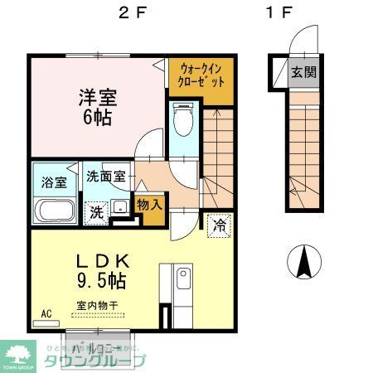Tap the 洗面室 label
point(109,177)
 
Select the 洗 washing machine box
point(97,211)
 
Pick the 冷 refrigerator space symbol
point(220,225)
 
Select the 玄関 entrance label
point(303,72)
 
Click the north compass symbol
point(304,263)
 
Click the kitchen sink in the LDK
point(182,279)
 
